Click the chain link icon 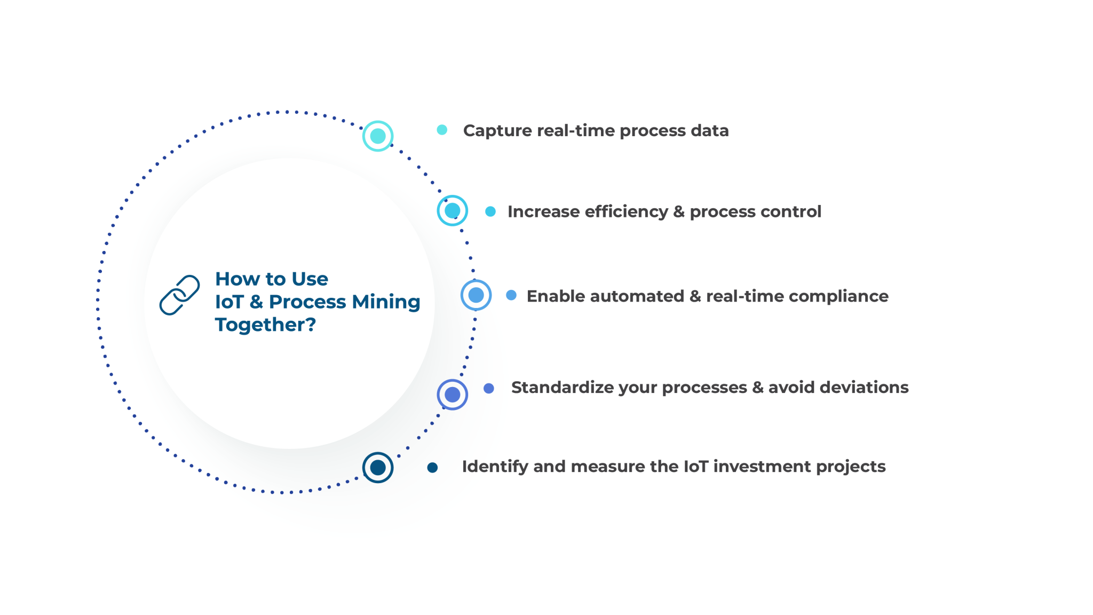[x=180, y=295]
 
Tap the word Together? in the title [x=265, y=325]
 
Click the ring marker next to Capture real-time [x=378, y=136]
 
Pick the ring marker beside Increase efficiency [x=453, y=211]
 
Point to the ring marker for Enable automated [x=476, y=295]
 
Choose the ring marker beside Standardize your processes [x=453, y=395]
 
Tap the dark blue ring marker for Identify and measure [x=378, y=468]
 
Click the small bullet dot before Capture [x=442, y=130]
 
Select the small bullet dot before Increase [x=490, y=212]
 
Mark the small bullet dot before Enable [x=511, y=295]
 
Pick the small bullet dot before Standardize [x=489, y=389]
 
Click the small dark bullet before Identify [x=433, y=468]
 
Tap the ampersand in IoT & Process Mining [x=256, y=302]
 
